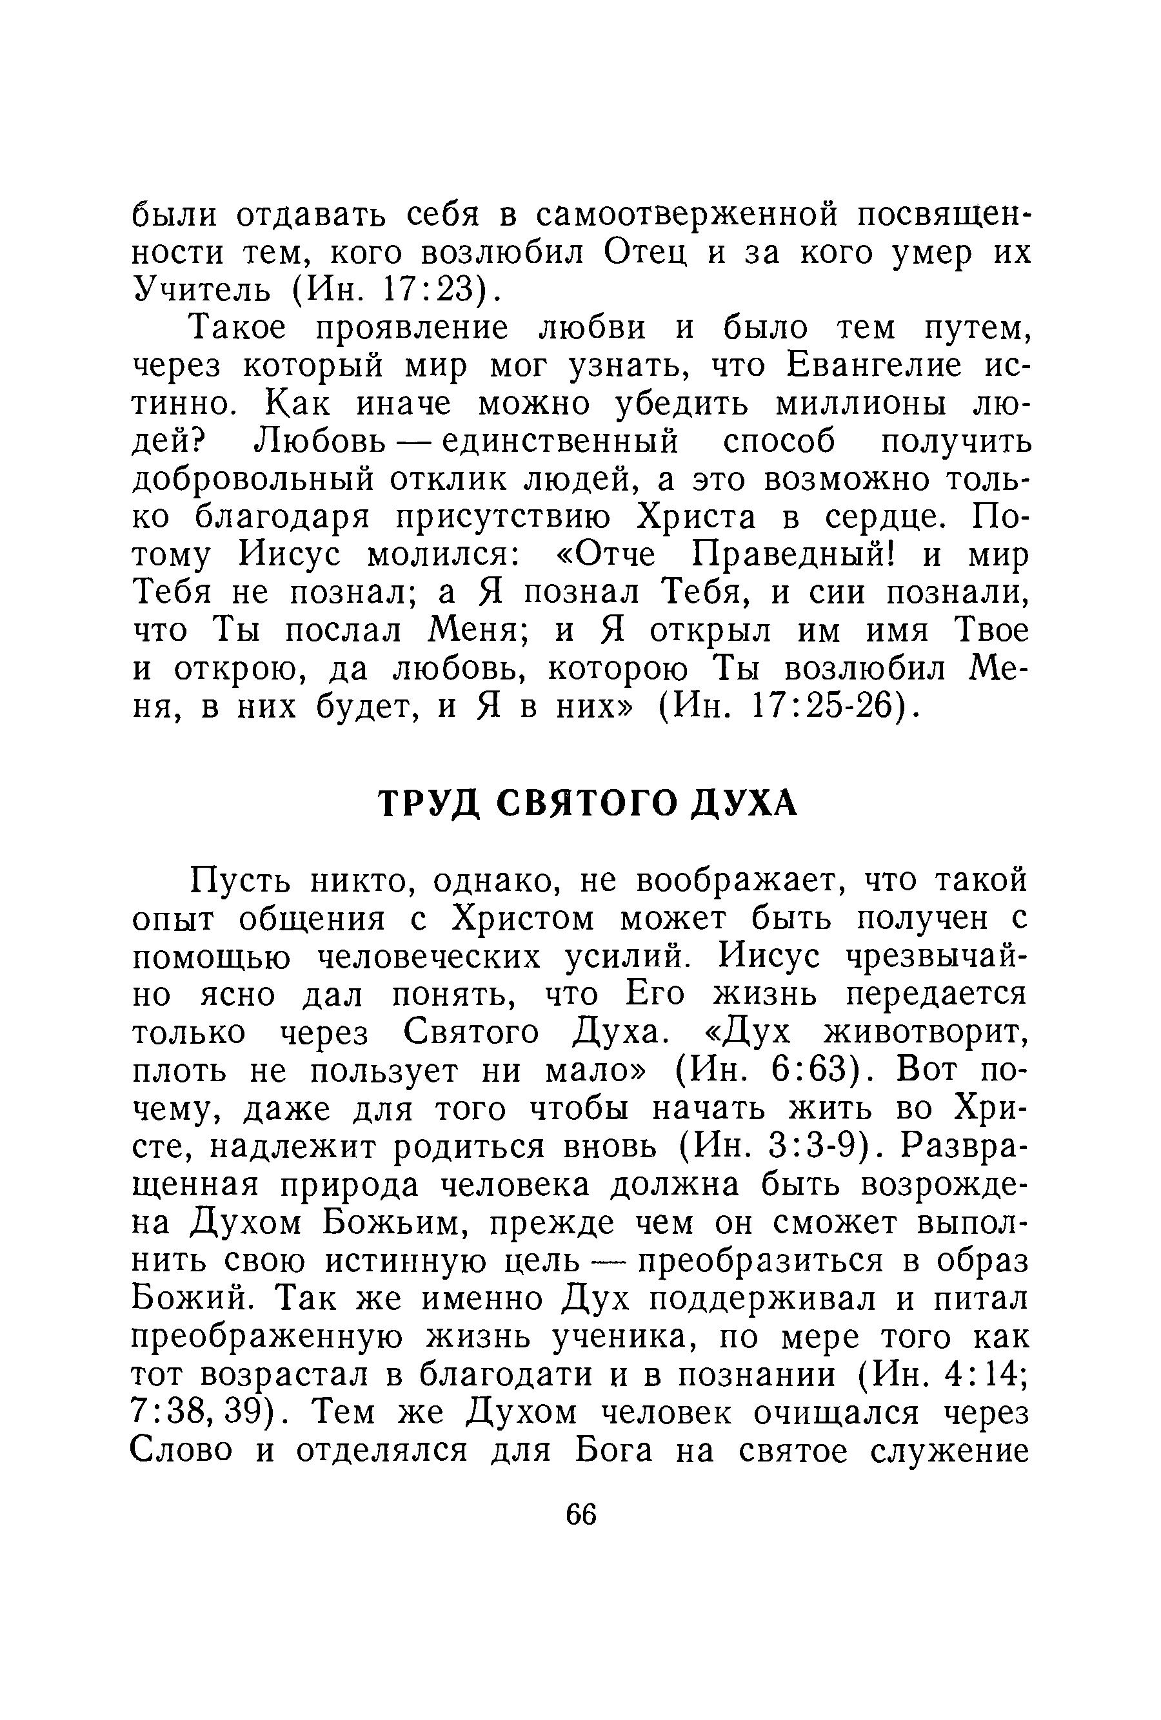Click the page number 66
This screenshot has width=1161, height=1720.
point(580,1514)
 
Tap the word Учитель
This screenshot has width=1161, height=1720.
point(201,291)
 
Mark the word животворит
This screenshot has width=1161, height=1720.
point(926,1033)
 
